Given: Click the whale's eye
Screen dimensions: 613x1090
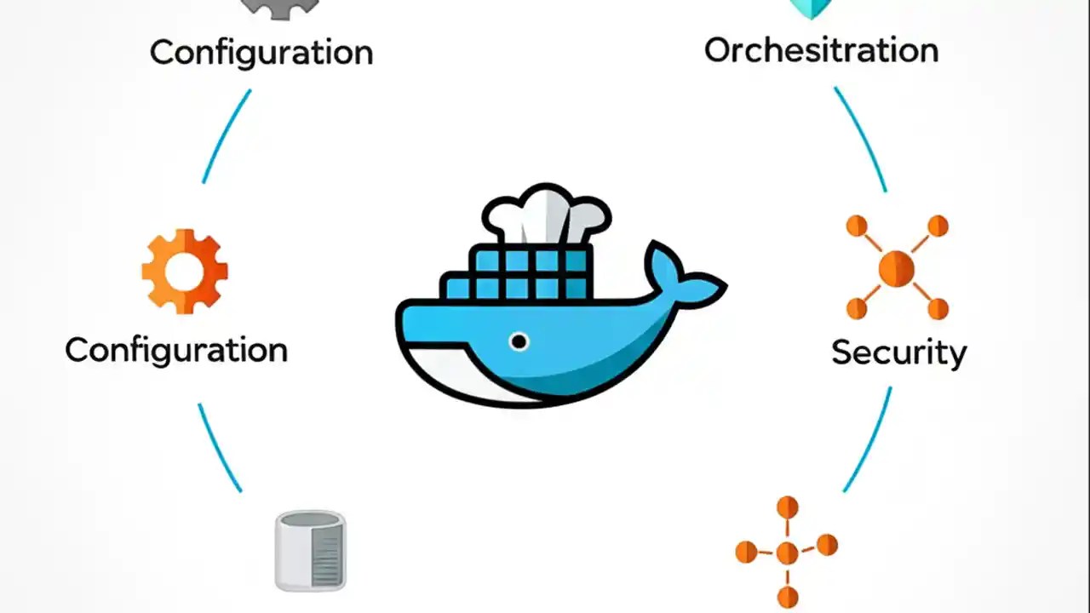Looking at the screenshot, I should pyautogui.click(x=519, y=341).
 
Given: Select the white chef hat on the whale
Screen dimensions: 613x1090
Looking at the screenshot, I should pyautogui.click(x=546, y=215).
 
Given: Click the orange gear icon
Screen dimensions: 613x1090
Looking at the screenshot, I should pyautogui.click(x=185, y=271).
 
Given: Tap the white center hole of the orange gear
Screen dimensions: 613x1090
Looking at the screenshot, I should pyautogui.click(x=185, y=272).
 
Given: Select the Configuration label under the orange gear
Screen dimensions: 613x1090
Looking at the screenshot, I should pyautogui.click(x=176, y=350).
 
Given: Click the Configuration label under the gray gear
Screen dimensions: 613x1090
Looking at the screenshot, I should pyautogui.click(x=261, y=52).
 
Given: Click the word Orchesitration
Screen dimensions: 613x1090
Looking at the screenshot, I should pyautogui.click(x=821, y=50).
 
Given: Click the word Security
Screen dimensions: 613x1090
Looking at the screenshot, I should pyautogui.click(x=898, y=352).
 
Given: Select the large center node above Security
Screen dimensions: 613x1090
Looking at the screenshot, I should pyautogui.click(x=897, y=268).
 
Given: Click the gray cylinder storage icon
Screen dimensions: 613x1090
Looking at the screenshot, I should pyautogui.click(x=311, y=551).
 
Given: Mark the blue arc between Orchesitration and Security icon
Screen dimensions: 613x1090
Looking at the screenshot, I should pyautogui.click(x=862, y=138).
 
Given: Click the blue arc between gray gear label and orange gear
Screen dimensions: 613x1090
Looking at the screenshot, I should pyautogui.click(x=226, y=136).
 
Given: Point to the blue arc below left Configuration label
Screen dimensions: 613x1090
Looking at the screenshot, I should pyautogui.click(x=219, y=448).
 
